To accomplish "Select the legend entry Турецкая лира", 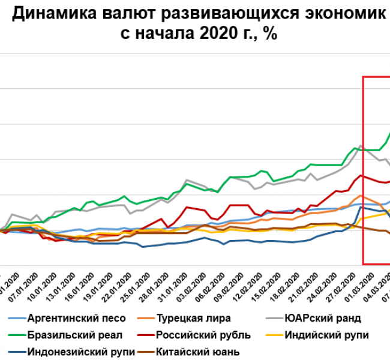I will click(x=193, y=319).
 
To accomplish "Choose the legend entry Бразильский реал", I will click(x=76, y=335).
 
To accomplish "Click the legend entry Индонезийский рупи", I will click(x=81, y=351).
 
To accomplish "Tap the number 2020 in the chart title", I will click(x=215, y=34).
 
